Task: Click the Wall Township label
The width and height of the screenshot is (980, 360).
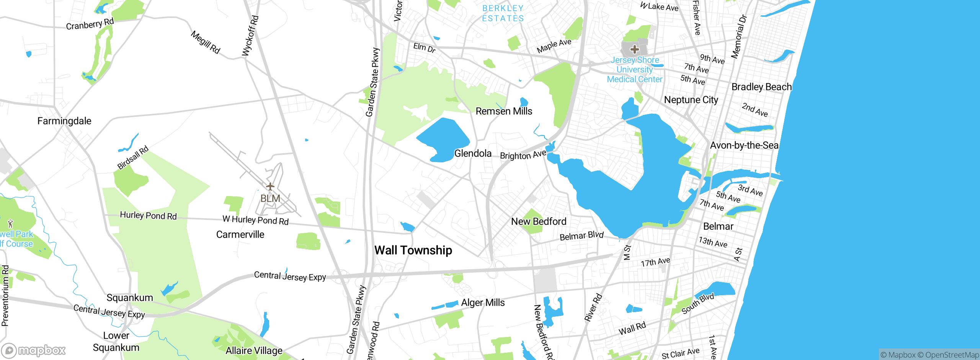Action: click(413, 250)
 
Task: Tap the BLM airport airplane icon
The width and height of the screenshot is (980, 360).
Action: click(270, 187)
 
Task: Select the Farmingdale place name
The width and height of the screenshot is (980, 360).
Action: click(64, 121)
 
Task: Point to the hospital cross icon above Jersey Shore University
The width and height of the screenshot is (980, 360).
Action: click(634, 49)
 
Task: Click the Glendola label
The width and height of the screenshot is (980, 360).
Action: click(473, 154)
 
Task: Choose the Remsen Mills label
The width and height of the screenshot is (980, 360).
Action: click(504, 111)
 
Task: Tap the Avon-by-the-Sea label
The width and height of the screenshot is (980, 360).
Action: click(744, 146)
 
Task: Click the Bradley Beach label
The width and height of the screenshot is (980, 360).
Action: click(761, 87)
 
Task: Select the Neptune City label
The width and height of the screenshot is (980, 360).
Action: click(691, 100)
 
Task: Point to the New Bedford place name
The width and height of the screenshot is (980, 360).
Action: click(539, 222)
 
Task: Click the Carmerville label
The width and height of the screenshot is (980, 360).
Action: click(240, 234)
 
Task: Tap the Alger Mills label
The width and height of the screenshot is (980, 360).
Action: click(483, 303)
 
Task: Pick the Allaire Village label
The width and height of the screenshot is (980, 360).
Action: click(254, 350)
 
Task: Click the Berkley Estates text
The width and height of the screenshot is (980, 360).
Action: click(503, 13)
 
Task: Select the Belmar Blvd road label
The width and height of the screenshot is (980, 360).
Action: click(581, 236)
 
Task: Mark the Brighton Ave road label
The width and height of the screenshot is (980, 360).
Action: click(523, 155)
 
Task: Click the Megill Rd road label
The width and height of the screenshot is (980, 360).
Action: click(206, 43)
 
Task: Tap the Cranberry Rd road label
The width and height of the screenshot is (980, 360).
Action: click(90, 24)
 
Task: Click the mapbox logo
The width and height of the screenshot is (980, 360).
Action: click(34, 350)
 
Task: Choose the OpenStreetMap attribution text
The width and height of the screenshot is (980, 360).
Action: click(952, 355)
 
